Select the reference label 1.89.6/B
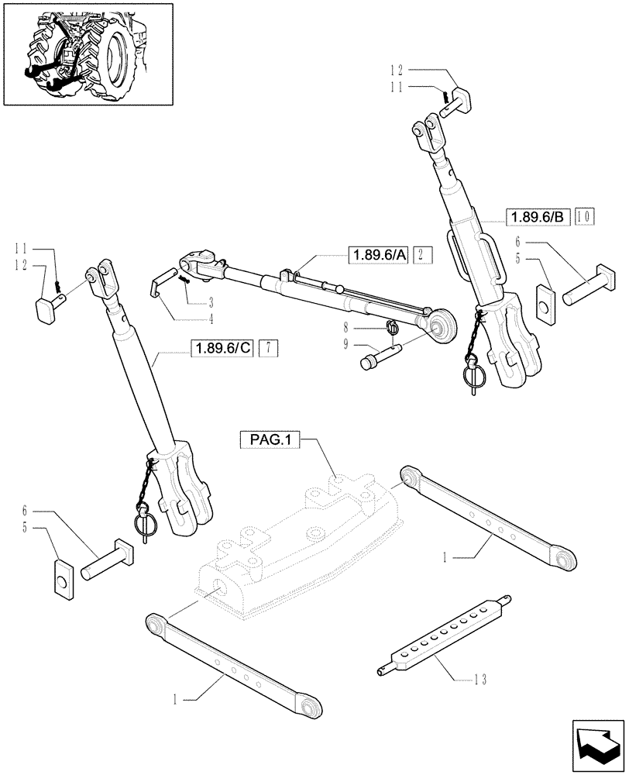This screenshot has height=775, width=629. point(536,217)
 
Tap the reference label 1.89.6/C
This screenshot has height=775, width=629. point(222,347)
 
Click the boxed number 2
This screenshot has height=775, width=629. point(421,255)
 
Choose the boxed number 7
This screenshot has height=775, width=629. point(266,347)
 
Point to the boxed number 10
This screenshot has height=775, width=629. point(583,217)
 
